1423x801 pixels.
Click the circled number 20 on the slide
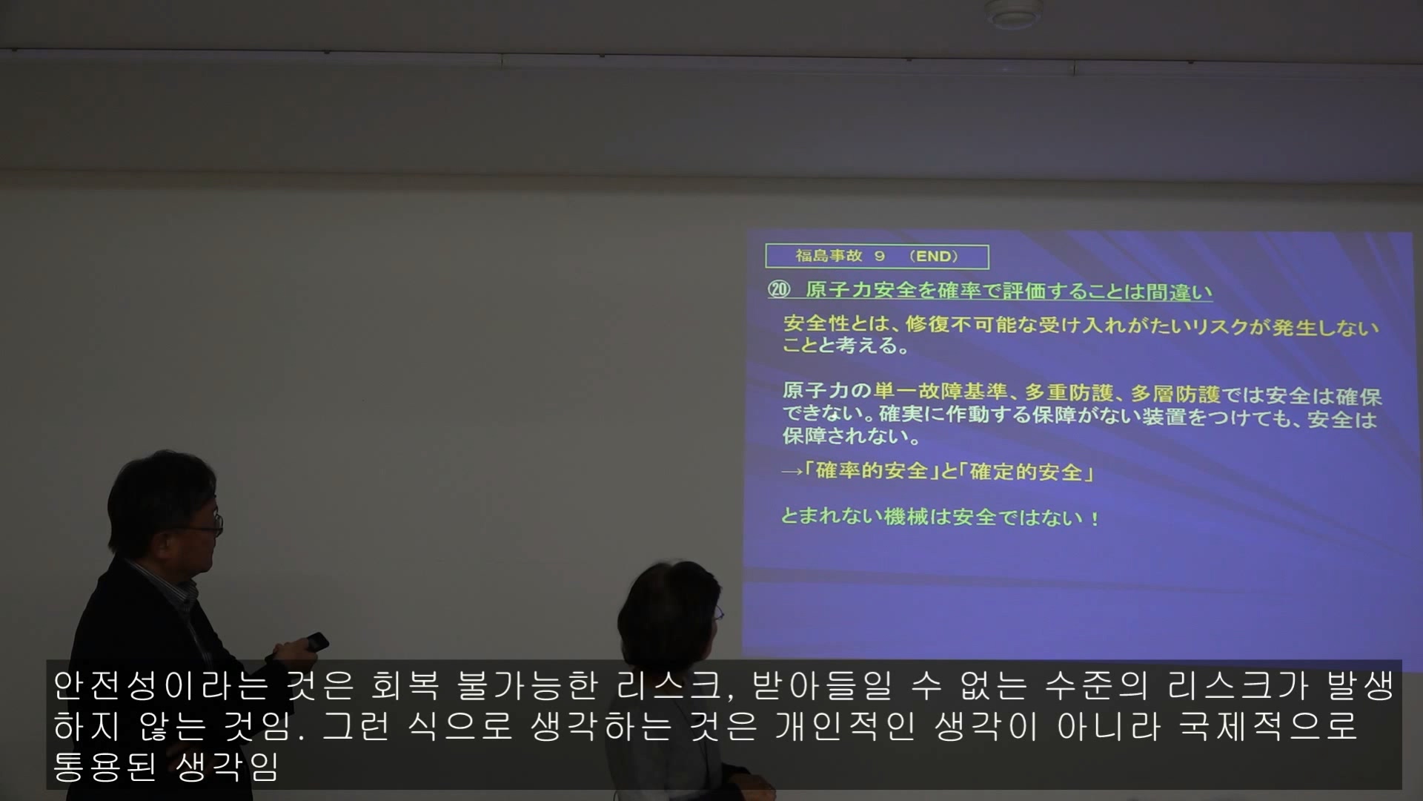coord(779,289)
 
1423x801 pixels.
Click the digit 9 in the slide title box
coord(879,256)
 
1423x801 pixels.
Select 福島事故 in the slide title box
coord(829,256)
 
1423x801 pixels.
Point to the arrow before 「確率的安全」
coord(792,472)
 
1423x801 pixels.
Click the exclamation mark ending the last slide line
coord(1095,518)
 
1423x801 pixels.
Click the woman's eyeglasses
coord(717,613)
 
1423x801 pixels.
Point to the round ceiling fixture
coord(1013,13)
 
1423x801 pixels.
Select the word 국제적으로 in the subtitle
coord(1268,725)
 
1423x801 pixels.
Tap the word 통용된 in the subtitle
coord(105,765)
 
